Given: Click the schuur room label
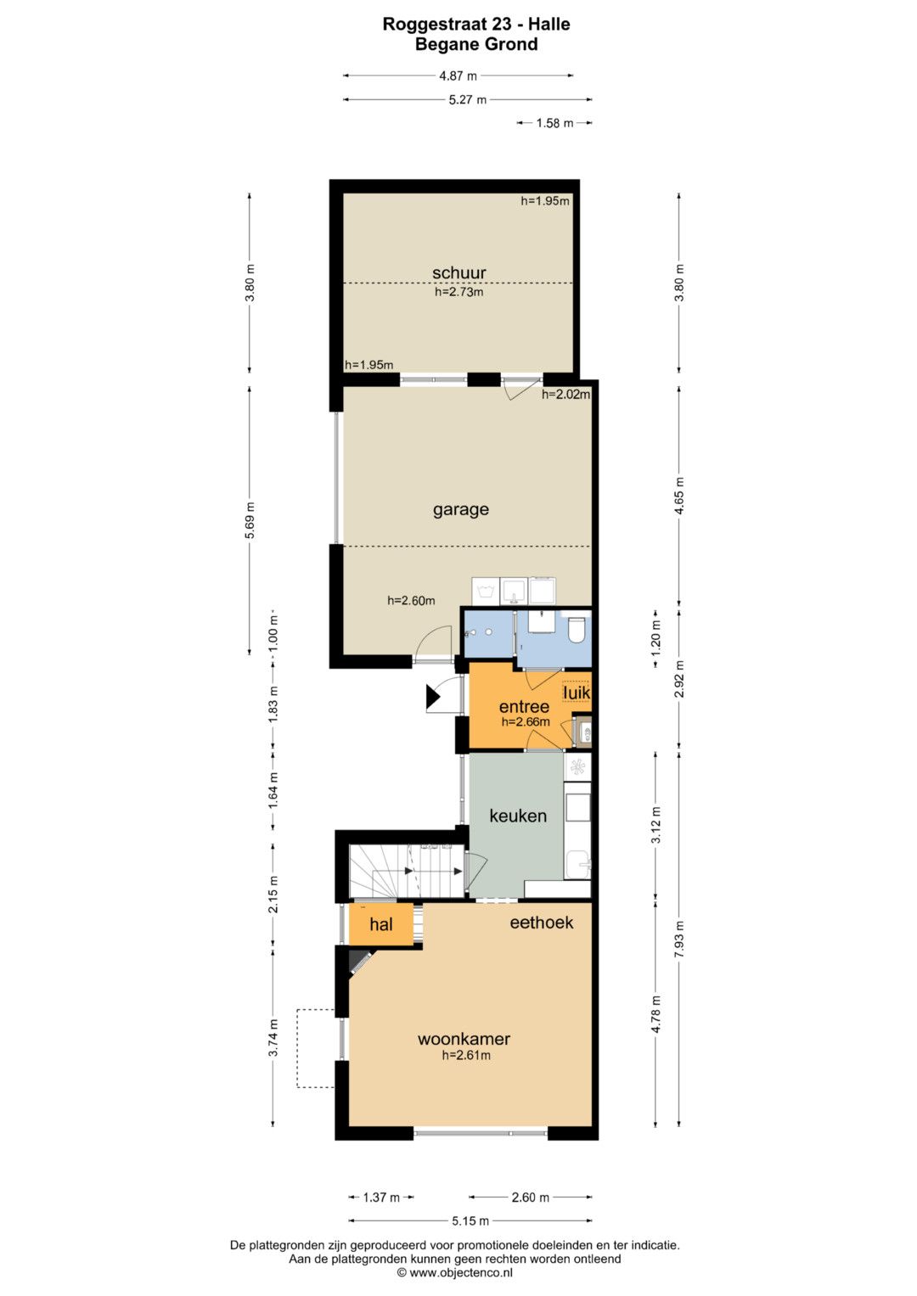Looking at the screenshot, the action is [459, 272].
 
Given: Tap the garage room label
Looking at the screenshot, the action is [461, 510].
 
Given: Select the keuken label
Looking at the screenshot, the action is [518, 816].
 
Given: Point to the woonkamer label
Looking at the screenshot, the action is [464, 1039].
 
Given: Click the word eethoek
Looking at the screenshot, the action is [542, 923].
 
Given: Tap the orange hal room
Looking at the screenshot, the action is [381, 924].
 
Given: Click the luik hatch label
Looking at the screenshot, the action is [577, 692].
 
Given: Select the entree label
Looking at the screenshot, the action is [524, 706].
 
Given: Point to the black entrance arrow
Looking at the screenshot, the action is [433, 697].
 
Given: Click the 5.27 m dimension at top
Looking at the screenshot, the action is [468, 99].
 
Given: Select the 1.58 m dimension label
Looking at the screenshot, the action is [554, 123].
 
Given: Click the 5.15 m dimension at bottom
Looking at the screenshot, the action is [470, 1220].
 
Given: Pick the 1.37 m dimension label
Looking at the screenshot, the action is [381, 1197].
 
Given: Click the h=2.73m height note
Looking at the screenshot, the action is [459, 292].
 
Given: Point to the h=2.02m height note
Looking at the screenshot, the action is [565, 395].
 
